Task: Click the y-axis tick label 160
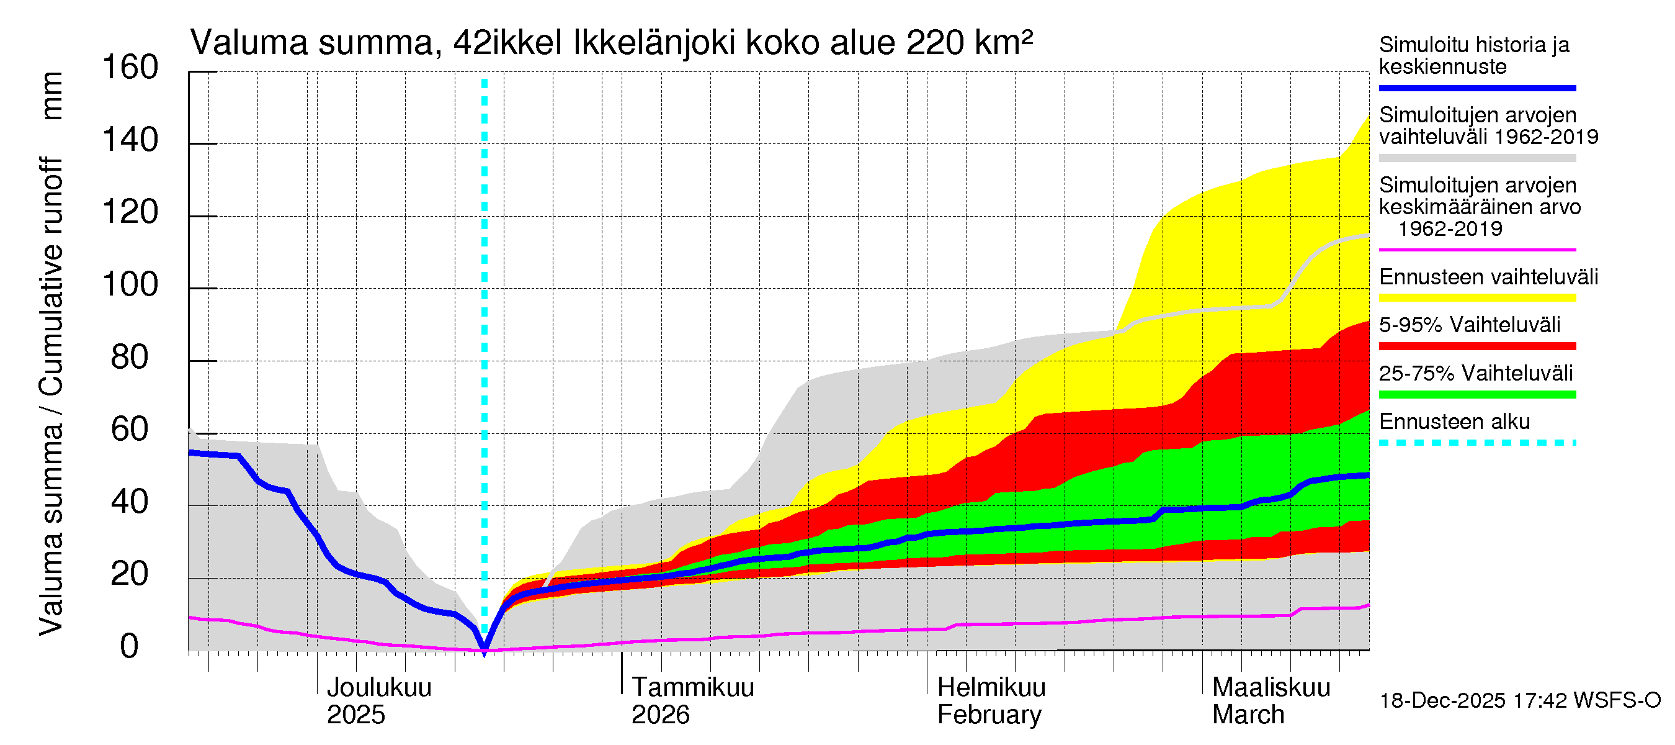(x=130, y=68)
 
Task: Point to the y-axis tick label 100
(x=130, y=285)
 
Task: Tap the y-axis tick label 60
(x=130, y=430)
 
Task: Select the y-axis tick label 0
(x=130, y=647)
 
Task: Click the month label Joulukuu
(x=379, y=688)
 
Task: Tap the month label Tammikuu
(x=692, y=688)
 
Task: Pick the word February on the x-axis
(x=989, y=715)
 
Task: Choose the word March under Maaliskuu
(x=1248, y=715)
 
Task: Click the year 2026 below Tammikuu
(x=660, y=715)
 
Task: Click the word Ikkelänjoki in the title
(x=654, y=43)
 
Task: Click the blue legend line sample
(x=1476, y=88)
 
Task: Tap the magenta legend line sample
(x=1476, y=250)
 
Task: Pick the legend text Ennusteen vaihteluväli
(x=1488, y=277)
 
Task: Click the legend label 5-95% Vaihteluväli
(x=1470, y=325)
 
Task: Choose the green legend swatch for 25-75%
(x=1476, y=394)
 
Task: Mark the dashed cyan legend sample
(x=1476, y=443)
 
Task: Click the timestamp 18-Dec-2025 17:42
(x=1442, y=701)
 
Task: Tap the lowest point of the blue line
(x=484, y=648)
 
